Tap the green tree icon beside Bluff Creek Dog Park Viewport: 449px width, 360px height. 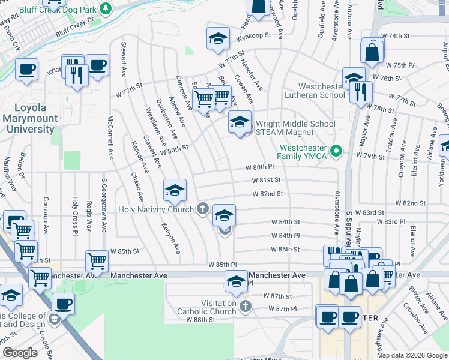tap(106, 9)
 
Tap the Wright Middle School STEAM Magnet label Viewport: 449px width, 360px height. tap(295, 128)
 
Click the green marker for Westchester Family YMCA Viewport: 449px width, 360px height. tap(336, 151)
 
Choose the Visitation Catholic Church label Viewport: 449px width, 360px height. tap(206, 307)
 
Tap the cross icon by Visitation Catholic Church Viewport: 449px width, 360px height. tap(244, 307)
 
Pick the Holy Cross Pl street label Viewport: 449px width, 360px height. tap(74, 215)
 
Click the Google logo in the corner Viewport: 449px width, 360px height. tap(20, 353)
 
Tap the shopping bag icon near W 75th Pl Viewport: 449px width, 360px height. tap(372, 53)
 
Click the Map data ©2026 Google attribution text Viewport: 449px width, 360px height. tap(411, 355)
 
